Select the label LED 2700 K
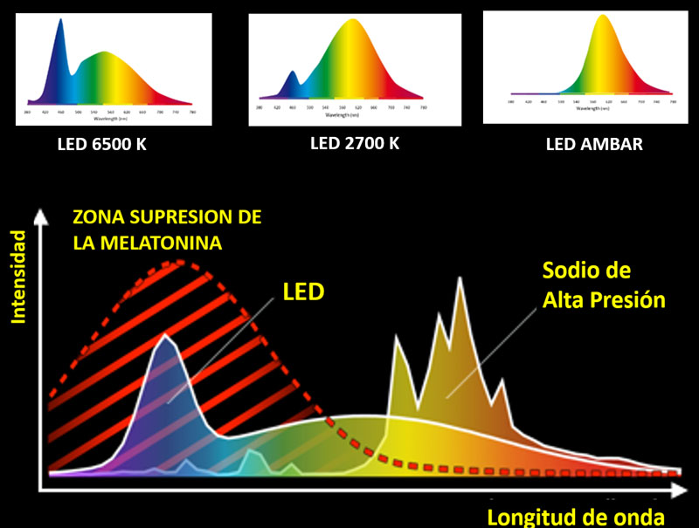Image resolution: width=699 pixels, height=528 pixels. (x=355, y=142)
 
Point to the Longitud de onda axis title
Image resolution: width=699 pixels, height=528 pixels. (x=575, y=515)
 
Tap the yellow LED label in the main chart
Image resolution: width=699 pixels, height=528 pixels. (x=302, y=291)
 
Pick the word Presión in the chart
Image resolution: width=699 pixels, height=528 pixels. (x=627, y=299)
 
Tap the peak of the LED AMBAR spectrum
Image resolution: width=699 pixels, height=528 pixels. (x=601, y=16)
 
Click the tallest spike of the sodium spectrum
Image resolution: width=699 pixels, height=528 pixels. (x=459, y=279)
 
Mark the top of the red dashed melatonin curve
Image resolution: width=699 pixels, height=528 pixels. (x=179, y=260)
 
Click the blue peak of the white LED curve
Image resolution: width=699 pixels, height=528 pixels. (x=166, y=337)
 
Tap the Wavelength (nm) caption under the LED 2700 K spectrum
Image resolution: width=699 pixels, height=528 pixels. (x=341, y=115)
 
